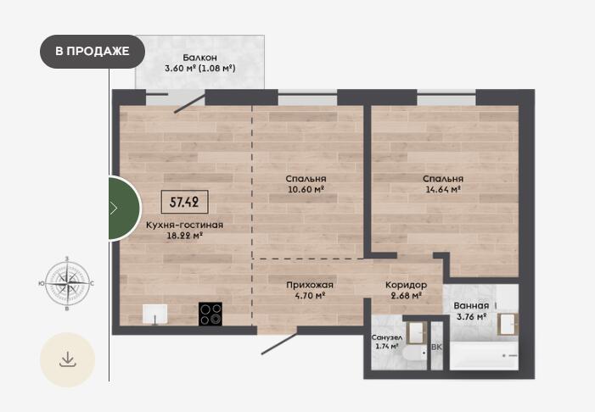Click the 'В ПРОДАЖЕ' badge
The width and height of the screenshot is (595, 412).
93,52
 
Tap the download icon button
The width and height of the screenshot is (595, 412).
68,359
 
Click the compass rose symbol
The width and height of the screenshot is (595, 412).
67,283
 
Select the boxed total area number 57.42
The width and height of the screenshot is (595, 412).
184,202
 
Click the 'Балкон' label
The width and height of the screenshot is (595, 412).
200,58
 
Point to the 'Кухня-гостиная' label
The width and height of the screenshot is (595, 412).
184,225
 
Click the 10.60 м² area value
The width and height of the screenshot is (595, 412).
306,189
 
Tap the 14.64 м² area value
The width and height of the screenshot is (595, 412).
443,189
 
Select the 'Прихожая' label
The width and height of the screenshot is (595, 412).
310,285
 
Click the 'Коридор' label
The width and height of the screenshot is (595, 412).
406,285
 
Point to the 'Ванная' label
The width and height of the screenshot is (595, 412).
471,306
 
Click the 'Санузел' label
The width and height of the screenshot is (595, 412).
387,337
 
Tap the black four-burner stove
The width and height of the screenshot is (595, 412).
210,314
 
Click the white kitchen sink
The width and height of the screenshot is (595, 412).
154,315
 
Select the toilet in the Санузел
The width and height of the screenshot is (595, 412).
414,354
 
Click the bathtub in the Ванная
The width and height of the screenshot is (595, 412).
484,355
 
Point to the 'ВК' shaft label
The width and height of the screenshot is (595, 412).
437,347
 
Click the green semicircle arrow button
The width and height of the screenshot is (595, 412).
125,208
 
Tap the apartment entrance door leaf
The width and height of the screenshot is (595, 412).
279,344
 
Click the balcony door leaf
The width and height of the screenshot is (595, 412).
190,104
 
